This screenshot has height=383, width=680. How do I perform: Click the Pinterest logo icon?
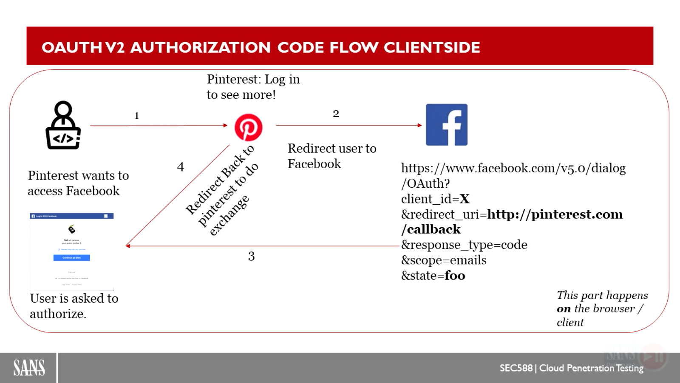[x=248, y=127]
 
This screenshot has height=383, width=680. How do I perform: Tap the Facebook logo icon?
[x=447, y=125]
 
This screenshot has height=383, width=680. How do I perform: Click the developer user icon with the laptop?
[x=63, y=126]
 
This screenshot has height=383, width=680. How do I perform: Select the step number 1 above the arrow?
[x=136, y=116]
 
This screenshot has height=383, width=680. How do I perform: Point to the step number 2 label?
[x=336, y=114]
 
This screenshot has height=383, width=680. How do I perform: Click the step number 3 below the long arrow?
[x=251, y=256]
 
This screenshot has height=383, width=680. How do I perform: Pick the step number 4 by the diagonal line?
[x=181, y=167]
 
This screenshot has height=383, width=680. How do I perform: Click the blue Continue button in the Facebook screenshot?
[x=71, y=257]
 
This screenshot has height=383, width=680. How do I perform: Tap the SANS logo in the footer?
[x=29, y=368]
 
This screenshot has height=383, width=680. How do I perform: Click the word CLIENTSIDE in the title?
[x=432, y=47]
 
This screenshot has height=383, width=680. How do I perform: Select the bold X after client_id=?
[x=465, y=199]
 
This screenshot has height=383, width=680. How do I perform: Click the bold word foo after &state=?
[x=455, y=276]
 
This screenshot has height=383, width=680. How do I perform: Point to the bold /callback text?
[x=431, y=229]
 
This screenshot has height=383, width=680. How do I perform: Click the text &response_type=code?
[x=464, y=245]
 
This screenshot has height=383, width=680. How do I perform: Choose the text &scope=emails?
[x=444, y=260]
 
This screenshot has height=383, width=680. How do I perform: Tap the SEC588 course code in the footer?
[x=516, y=368]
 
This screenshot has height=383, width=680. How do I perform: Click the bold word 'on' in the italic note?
[x=564, y=309]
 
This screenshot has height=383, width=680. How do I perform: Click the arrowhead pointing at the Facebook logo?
[x=419, y=125]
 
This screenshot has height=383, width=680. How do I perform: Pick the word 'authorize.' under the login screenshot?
[x=58, y=314]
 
